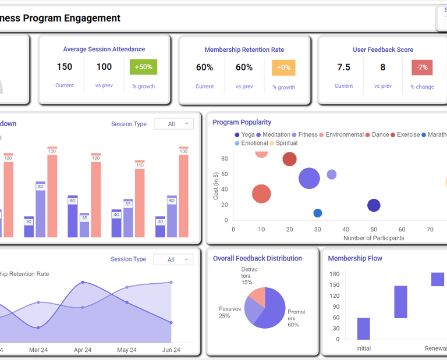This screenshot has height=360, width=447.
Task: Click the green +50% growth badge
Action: [x=143, y=67]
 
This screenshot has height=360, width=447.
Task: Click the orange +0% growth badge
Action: [x=283, y=67]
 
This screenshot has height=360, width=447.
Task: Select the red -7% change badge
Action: [x=422, y=67]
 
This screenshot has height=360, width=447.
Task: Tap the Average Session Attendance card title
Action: [x=104, y=49]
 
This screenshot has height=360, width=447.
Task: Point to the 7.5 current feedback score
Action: [x=343, y=67]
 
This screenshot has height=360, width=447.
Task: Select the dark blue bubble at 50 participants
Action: [x=374, y=205]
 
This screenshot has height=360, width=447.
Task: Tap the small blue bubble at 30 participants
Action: [x=317, y=213]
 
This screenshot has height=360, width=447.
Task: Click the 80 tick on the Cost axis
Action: [x=224, y=158]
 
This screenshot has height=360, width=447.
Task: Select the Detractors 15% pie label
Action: [x=247, y=276]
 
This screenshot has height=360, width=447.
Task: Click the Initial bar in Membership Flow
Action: [x=363, y=329]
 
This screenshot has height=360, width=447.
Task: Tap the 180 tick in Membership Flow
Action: [x=334, y=274]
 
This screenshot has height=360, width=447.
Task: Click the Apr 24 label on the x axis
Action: [x=83, y=350]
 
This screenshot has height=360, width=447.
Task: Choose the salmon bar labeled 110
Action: [x=140, y=201]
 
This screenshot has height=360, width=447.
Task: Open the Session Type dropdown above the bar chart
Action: [x=173, y=124]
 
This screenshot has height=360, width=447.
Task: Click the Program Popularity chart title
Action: [x=242, y=122]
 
